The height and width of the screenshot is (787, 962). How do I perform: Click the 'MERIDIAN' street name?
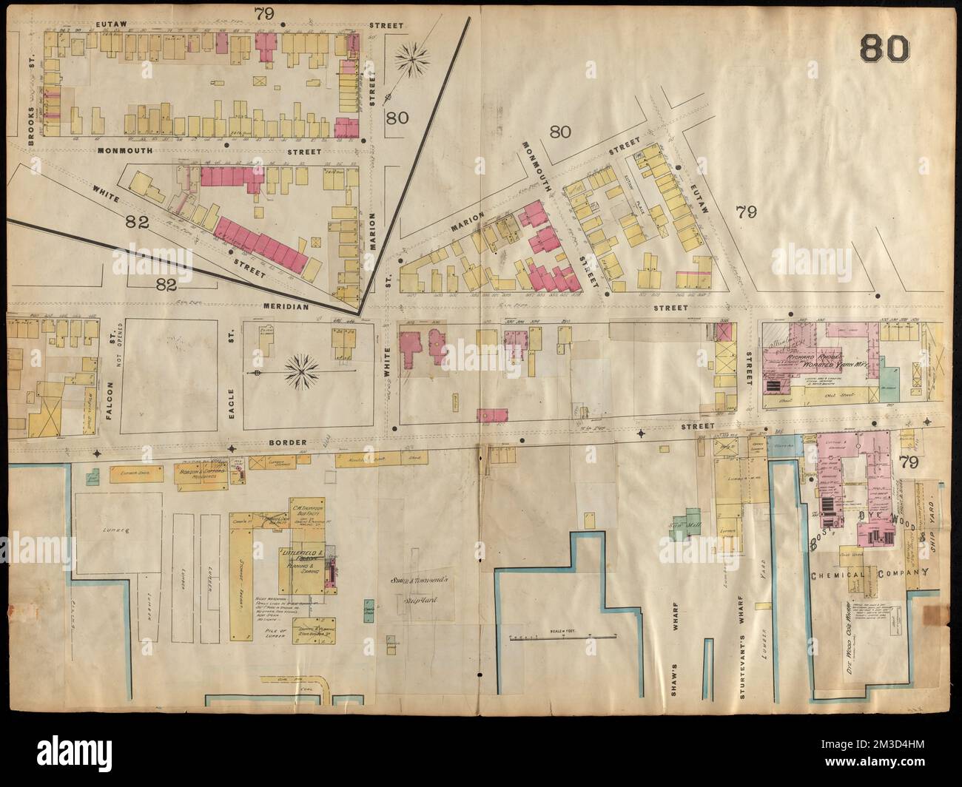click(x=283, y=306)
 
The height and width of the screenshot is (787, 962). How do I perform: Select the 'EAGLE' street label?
click(x=230, y=384)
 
